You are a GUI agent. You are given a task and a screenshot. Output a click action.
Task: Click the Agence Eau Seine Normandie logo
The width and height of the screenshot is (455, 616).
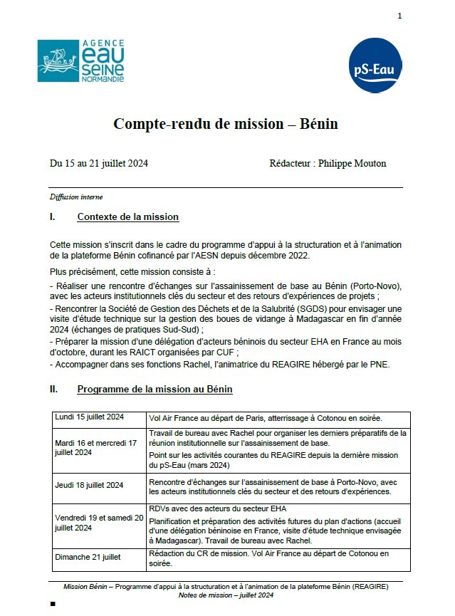(x=80, y=61)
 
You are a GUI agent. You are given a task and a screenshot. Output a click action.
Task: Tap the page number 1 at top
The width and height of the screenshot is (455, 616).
(x=399, y=16)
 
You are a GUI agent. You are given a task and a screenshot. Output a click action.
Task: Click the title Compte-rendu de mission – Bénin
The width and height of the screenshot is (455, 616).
(x=226, y=125)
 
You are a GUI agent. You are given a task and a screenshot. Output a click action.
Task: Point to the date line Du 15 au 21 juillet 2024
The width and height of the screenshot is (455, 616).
(x=99, y=163)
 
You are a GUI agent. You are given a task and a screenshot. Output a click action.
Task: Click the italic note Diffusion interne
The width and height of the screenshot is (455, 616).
(x=76, y=197)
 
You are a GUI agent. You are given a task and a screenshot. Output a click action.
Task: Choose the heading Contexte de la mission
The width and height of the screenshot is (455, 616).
(x=127, y=217)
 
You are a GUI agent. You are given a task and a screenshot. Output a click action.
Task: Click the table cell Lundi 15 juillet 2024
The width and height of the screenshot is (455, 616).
(x=89, y=417)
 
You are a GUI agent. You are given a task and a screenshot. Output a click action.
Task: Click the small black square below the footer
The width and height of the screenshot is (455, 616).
(x=52, y=604)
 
